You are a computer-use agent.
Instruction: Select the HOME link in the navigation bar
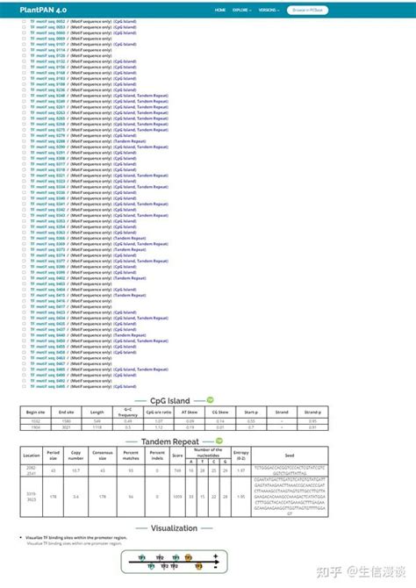(x=220, y=10)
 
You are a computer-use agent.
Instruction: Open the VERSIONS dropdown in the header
(x=269, y=10)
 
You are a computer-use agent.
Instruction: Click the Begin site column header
(x=36, y=411)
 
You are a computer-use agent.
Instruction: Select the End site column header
(x=67, y=411)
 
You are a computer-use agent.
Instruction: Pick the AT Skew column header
(x=189, y=411)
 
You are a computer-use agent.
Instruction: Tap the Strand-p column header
(x=312, y=411)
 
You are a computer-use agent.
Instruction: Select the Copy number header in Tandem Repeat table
(x=76, y=456)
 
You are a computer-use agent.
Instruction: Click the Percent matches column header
(x=133, y=456)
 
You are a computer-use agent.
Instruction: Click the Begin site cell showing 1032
(x=36, y=420)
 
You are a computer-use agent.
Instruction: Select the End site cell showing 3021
(x=67, y=427)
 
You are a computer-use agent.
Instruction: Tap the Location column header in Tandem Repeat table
(x=32, y=456)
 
